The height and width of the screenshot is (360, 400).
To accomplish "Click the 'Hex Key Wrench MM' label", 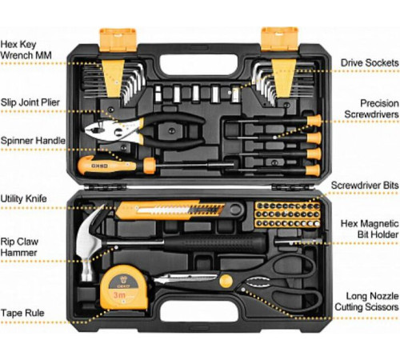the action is [x=26, y=50].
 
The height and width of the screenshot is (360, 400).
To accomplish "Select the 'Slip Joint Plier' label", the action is [x=30, y=102].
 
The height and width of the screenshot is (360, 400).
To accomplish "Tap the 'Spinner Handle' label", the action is [x=33, y=141].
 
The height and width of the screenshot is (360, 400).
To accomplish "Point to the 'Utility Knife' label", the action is [x=23, y=198].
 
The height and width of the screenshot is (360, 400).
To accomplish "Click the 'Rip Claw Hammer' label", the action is [x=19, y=247].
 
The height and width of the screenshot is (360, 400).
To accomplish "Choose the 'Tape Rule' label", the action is [x=22, y=313].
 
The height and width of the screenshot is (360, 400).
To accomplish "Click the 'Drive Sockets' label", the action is [x=370, y=63].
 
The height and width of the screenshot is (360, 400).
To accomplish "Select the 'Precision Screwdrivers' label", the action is [x=371, y=109].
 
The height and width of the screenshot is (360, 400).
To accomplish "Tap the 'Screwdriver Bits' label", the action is [x=365, y=185].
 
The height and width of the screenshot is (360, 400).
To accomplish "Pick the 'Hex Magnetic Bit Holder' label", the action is [x=370, y=229].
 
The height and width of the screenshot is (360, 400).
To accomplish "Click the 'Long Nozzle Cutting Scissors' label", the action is [x=367, y=302].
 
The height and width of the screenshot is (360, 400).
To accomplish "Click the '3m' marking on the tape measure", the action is [x=119, y=295].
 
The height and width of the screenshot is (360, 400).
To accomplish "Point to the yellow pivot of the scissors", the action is [x=226, y=281].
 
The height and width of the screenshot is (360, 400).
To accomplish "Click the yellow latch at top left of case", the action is [x=118, y=39].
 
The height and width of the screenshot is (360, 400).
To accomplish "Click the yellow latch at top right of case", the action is [x=279, y=39].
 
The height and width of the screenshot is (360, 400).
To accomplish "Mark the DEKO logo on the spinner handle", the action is [x=100, y=166].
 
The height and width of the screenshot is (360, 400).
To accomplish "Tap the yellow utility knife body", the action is [x=170, y=210].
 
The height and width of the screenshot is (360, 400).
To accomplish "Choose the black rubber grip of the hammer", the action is [x=214, y=243].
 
